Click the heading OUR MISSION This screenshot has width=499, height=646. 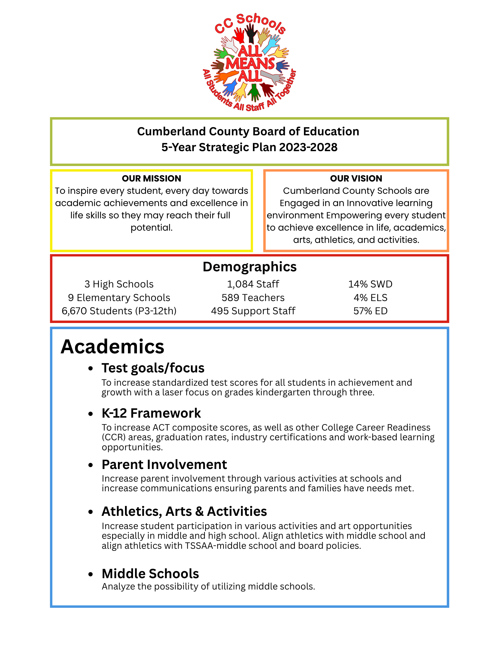(x=151, y=178)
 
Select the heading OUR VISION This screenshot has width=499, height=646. (x=356, y=178)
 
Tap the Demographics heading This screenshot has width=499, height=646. (x=249, y=267)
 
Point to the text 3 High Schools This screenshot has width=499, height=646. (x=119, y=284)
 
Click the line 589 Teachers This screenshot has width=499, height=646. (x=253, y=297)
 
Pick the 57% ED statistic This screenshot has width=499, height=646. (x=370, y=311)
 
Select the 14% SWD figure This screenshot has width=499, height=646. (x=370, y=284)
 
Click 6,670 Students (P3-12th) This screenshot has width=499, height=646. (x=119, y=311)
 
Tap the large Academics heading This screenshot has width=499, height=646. (x=112, y=347)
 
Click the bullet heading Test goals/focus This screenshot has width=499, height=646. (x=153, y=368)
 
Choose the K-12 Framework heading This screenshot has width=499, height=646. (x=151, y=413)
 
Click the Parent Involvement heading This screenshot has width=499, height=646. (x=164, y=464)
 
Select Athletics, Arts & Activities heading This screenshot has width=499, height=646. (x=184, y=511)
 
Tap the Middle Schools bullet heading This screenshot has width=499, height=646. (x=150, y=574)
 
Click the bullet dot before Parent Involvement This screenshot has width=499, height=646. (x=91, y=465)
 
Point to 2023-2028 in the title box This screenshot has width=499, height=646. (x=308, y=147)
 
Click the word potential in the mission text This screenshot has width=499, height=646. (x=151, y=228)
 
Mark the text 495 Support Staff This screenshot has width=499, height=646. (x=253, y=311)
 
